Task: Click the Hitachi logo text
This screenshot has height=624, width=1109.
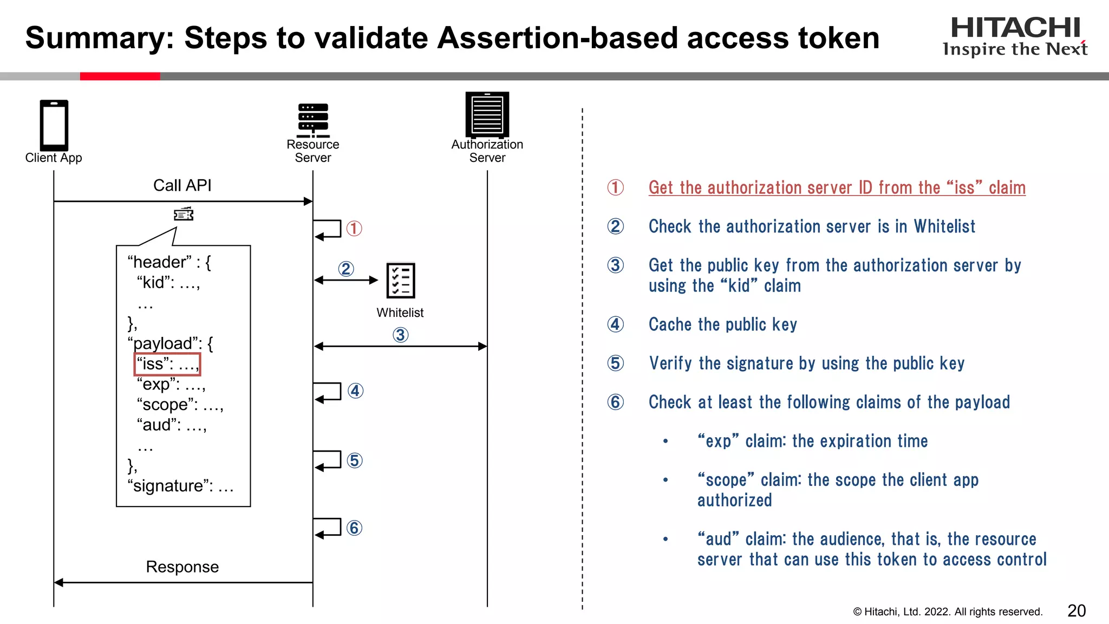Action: pos(1015,28)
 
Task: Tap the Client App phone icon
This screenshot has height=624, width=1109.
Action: pos(54,125)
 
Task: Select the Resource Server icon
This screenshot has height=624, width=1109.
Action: pos(313,120)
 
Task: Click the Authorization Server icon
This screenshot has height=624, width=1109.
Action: pos(487,114)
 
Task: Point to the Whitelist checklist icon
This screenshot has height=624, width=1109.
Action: pos(401,281)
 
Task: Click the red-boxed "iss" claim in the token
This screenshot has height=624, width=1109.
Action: pos(167,364)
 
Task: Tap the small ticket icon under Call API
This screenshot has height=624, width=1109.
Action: pos(184,214)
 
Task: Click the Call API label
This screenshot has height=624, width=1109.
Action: pos(182,185)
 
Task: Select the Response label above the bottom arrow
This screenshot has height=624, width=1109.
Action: pos(182,567)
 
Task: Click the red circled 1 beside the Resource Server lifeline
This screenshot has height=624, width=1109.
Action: pos(354,229)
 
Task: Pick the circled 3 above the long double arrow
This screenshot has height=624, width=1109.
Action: pos(400,335)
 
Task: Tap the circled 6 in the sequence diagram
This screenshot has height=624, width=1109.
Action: pos(354,528)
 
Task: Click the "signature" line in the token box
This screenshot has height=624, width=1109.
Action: pos(180,486)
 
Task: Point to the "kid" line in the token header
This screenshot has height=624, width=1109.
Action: pos(168,282)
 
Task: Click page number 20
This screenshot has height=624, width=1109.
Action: pos(1077,611)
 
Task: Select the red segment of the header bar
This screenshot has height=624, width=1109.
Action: pos(120,76)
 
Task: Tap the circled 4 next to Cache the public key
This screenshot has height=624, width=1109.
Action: pos(615,324)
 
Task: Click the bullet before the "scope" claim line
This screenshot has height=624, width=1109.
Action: pos(666,480)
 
